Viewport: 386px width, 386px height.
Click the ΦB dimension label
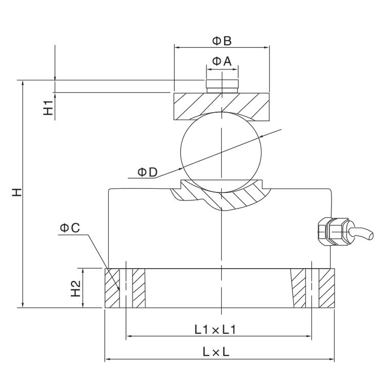(222, 40)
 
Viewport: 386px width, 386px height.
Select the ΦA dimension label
(222, 61)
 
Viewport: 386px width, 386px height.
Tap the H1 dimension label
(48, 109)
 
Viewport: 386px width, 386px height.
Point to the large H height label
(17, 193)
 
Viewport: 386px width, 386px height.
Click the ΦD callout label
(147, 172)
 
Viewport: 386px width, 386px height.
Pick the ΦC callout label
(69, 227)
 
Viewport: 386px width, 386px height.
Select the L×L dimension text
(216, 353)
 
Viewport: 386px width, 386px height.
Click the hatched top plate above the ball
(196, 106)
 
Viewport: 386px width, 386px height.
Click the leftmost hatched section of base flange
(112, 289)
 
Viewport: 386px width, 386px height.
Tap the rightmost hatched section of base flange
(326, 289)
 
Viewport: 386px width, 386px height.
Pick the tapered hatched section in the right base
(298, 289)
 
